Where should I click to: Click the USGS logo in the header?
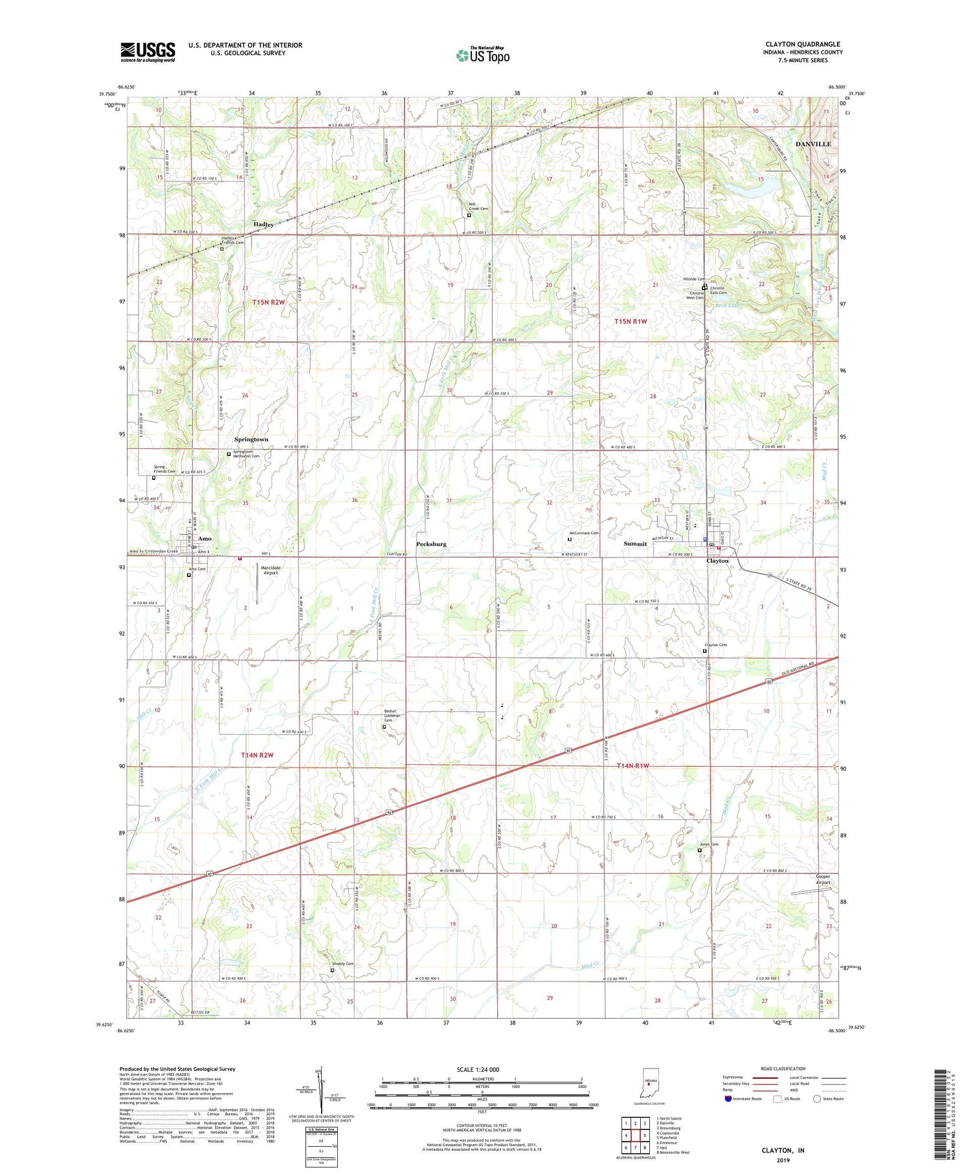(x=148, y=52)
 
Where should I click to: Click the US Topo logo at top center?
(x=482, y=55)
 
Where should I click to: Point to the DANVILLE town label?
(x=813, y=144)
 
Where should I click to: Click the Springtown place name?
(x=251, y=439)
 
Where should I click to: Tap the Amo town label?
(x=205, y=538)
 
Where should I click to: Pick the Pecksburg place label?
(x=431, y=544)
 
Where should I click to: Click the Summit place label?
(x=635, y=544)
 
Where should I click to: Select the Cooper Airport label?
(x=823, y=879)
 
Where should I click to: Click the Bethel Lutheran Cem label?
(x=388, y=716)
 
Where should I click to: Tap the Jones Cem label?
(x=709, y=844)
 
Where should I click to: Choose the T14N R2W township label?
(x=258, y=755)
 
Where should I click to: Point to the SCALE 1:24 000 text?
(x=478, y=1069)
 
